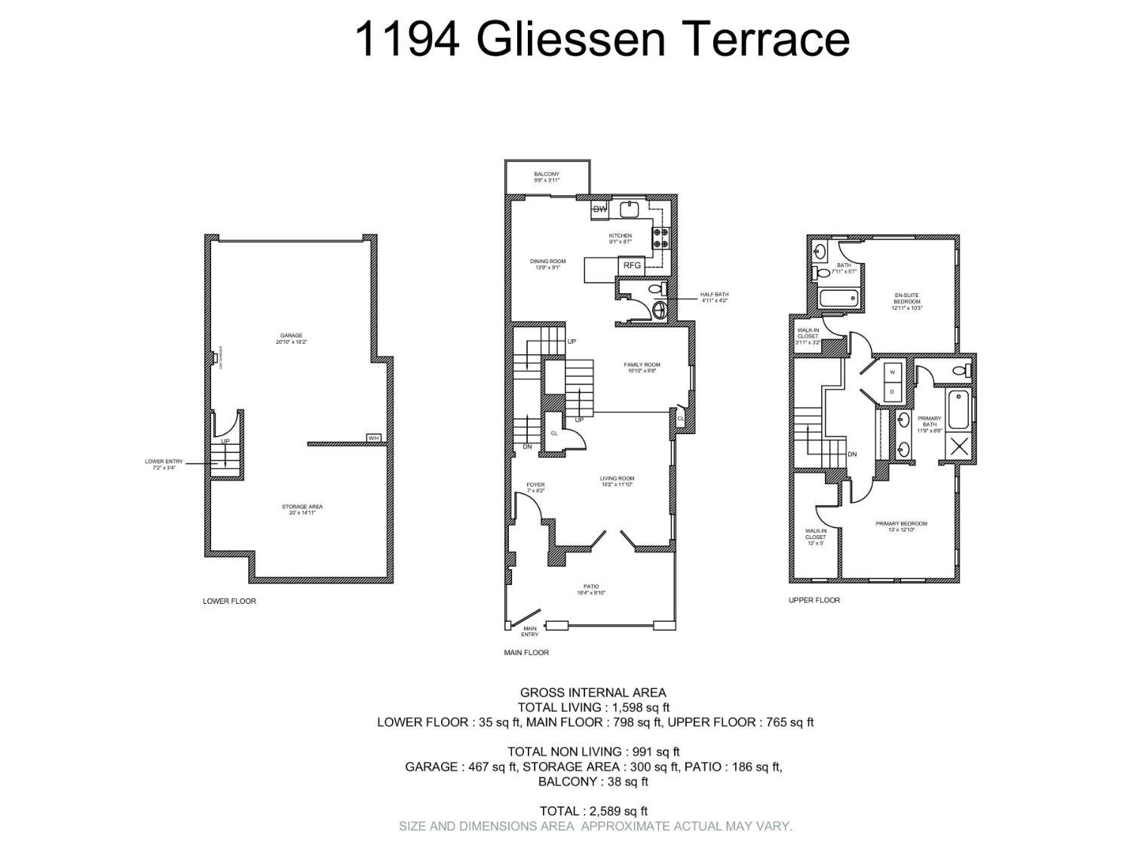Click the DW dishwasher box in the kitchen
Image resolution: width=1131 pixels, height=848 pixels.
click(x=600, y=210)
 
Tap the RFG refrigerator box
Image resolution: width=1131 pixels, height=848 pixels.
click(x=632, y=265)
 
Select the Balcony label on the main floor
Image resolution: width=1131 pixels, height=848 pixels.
click(x=547, y=177)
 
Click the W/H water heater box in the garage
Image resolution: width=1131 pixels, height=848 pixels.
click(x=374, y=438)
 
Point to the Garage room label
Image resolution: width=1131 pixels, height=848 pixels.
click(x=291, y=338)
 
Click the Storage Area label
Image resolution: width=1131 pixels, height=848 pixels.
click(x=302, y=510)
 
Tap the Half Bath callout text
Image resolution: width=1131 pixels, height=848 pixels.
click(x=714, y=297)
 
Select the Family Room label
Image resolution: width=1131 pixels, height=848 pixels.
click(x=642, y=367)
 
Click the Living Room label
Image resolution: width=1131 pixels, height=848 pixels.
click(x=617, y=481)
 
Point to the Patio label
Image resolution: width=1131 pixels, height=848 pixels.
click(x=591, y=589)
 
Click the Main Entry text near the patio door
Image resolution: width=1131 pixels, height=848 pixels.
click(x=530, y=631)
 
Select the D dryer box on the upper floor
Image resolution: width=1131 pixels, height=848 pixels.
click(x=892, y=391)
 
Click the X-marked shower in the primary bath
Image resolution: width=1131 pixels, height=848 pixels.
click(x=959, y=445)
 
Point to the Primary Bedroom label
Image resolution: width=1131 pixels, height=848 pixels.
click(x=901, y=526)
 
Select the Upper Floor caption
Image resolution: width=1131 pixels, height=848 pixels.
click(x=814, y=600)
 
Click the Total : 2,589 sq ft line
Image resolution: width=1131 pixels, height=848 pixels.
click(x=593, y=811)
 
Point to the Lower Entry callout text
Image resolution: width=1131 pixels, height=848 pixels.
click(x=164, y=464)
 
